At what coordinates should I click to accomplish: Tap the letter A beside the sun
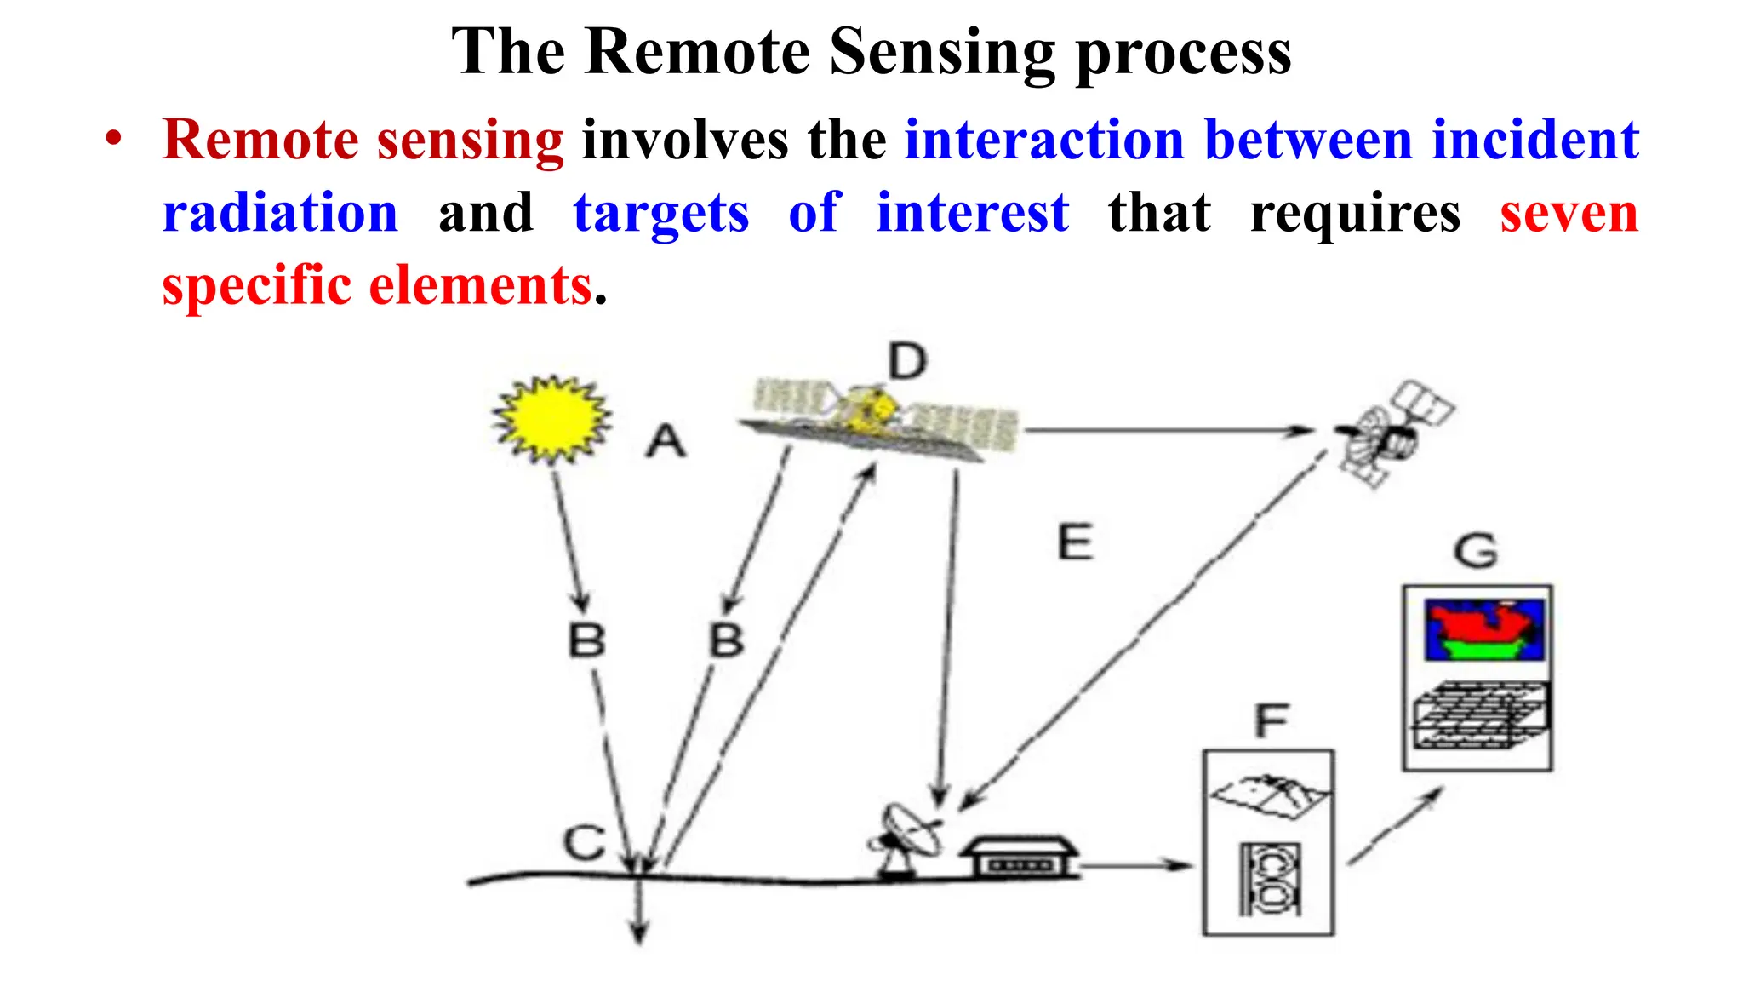pos(666,442)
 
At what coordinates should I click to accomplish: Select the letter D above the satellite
pos(907,361)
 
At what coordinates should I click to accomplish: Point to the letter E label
pos(1075,542)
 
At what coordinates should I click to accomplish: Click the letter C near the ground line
pos(585,842)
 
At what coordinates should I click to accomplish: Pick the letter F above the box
pos(1272,721)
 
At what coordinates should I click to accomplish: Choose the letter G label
pos(1476,551)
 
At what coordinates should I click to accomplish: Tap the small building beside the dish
pos(1020,855)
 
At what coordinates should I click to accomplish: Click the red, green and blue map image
pos(1484,630)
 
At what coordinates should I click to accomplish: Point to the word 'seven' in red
pos(1569,213)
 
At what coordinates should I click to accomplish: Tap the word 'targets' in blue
pos(661,213)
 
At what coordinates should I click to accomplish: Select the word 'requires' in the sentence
pos(1355,213)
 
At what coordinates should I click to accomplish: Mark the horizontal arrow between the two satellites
pos(1170,431)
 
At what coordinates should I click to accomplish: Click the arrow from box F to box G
pos(1395,825)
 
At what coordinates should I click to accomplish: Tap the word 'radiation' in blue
pos(280,213)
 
